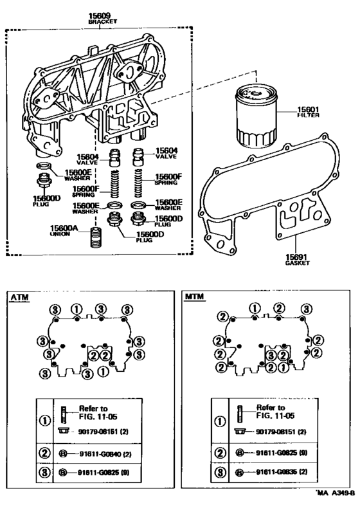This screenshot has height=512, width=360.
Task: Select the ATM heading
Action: click(20, 297)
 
